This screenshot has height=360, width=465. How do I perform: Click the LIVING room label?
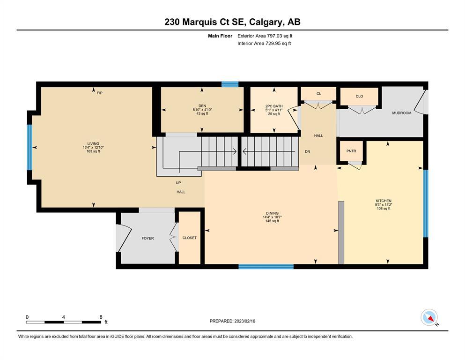(93, 143)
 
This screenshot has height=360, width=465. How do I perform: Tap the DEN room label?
(202, 106)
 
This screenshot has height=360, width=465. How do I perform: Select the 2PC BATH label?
(274, 106)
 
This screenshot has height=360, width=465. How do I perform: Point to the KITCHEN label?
(384, 201)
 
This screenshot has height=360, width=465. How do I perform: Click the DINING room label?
(272, 213)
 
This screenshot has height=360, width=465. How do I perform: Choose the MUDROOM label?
(401, 113)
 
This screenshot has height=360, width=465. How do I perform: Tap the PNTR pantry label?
(351, 151)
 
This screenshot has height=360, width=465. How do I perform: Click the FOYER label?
(148, 238)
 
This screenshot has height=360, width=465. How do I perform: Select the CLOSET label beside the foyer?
(190, 238)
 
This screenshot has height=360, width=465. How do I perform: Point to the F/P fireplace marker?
(100, 93)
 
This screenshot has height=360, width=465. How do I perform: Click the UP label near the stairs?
(178, 183)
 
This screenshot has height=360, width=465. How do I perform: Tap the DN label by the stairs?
(308, 151)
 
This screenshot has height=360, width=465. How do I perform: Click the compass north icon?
(429, 317)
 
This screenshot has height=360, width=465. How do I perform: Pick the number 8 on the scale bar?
(101, 317)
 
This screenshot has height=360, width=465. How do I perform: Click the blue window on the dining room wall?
(266, 267)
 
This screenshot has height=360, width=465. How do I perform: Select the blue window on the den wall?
(230, 84)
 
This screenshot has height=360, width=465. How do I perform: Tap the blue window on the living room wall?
(30, 147)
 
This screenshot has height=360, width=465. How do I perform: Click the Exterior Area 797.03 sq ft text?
(265, 36)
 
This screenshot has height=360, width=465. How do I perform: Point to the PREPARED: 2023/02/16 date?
(232, 321)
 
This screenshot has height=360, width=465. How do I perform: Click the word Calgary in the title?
(266, 22)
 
